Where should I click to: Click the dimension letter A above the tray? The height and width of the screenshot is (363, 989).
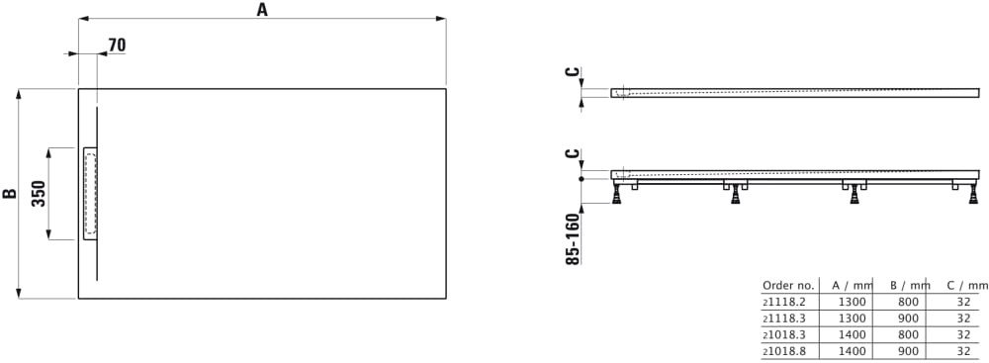262,10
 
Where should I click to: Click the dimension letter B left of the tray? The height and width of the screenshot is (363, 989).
10,194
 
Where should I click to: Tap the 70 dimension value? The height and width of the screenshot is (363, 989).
117,45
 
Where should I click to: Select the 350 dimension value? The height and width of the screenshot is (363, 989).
39,194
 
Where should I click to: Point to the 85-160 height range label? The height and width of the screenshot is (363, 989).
573,238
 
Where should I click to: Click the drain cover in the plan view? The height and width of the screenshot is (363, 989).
90,194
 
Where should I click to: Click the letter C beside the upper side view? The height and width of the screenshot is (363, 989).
572,72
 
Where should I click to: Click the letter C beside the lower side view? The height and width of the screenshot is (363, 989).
572,154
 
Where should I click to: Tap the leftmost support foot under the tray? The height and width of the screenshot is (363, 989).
619,194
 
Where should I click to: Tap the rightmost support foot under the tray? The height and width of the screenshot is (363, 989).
973,194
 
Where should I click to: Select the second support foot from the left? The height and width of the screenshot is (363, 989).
736,194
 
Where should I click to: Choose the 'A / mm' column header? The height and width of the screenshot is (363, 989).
853,285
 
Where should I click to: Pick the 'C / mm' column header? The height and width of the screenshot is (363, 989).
967,285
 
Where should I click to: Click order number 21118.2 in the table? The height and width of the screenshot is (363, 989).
779,302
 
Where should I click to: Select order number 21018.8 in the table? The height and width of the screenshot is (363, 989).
779,351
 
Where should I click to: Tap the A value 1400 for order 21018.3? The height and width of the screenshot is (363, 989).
853,334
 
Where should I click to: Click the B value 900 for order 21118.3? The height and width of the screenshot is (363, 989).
909,318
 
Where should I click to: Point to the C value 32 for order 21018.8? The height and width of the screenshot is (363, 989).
963,351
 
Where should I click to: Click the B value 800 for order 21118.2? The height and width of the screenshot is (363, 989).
909,302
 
